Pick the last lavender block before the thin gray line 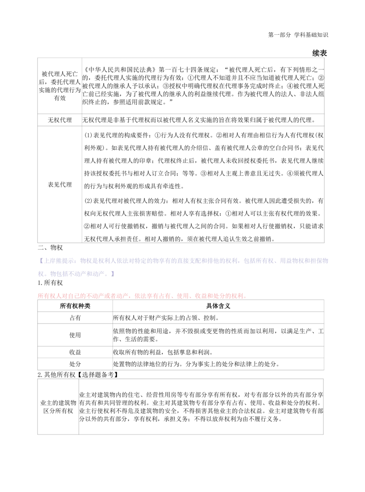coord(303,261)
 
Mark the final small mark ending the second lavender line coord(115,274)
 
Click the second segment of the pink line coord(153,296)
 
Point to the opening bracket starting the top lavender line coord(42,261)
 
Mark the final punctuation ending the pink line coord(246,297)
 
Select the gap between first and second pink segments coord(133,296)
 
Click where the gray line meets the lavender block coord(328,261)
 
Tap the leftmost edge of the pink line coord(37,296)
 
